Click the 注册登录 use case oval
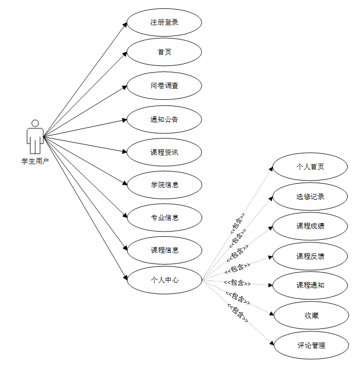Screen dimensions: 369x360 164,23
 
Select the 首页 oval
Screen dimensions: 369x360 164,52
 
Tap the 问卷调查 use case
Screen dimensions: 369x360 164,85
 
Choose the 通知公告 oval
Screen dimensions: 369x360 164,119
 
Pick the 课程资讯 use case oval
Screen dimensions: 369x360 164,152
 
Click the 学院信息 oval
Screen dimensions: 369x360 164,185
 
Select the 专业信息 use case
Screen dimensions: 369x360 164,218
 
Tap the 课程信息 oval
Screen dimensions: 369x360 164,250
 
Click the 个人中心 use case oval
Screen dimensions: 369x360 164,280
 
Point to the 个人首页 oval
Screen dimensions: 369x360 311,167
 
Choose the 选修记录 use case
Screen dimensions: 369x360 311,197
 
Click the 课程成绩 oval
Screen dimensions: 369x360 311,226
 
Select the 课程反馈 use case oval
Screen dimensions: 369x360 311,256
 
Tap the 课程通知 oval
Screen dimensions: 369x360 311,285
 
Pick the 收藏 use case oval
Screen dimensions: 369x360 311,315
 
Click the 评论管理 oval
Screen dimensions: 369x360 311,345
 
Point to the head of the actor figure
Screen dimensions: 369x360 35,124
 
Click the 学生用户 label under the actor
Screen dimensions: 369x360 35,161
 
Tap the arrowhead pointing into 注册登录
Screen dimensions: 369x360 124,24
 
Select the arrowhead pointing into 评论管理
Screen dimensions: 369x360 272,343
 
